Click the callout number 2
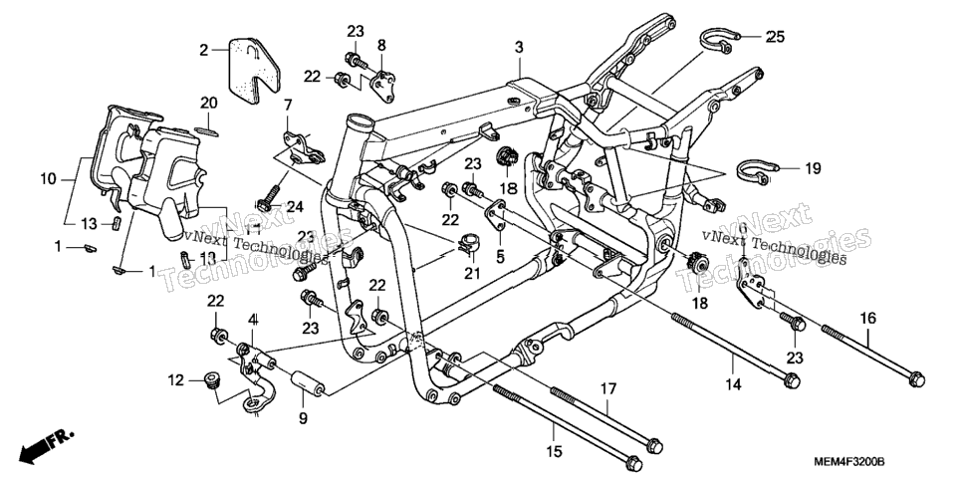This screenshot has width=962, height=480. (x=204, y=51)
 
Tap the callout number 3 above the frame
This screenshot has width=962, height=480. (x=519, y=47)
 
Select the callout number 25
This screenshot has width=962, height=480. (x=775, y=37)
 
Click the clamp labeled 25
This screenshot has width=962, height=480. (x=717, y=41)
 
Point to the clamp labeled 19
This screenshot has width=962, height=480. (x=754, y=171)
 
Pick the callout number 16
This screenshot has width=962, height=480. (x=868, y=318)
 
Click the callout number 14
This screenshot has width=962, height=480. (x=733, y=384)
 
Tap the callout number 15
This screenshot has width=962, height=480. (x=554, y=452)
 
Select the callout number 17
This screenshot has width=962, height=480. (x=607, y=388)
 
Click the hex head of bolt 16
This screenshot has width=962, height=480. (x=916, y=379)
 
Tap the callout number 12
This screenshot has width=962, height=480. (x=175, y=380)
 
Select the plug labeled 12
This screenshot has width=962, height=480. (x=212, y=380)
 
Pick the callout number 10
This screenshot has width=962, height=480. (x=49, y=179)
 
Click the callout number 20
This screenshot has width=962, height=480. (x=208, y=103)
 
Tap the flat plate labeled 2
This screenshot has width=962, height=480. (x=254, y=71)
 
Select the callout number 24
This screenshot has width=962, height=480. (x=295, y=207)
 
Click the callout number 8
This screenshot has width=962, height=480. (x=381, y=44)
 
